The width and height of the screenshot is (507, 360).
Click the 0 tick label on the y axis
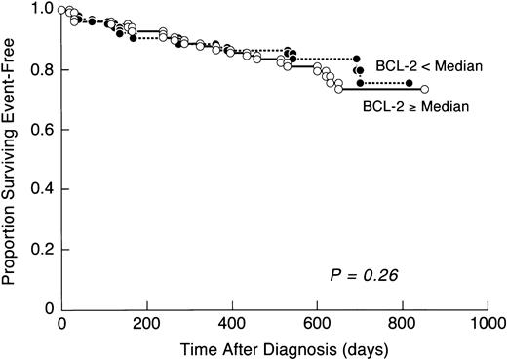point(47,309)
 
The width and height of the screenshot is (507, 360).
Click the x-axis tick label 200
point(147,323)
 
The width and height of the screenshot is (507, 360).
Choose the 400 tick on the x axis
point(232,323)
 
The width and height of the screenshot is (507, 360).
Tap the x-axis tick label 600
point(317,323)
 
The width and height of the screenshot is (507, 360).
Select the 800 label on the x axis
point(402,323)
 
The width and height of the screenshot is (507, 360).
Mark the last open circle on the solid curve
point(425,89)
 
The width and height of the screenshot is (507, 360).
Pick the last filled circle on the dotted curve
point(409,82)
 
